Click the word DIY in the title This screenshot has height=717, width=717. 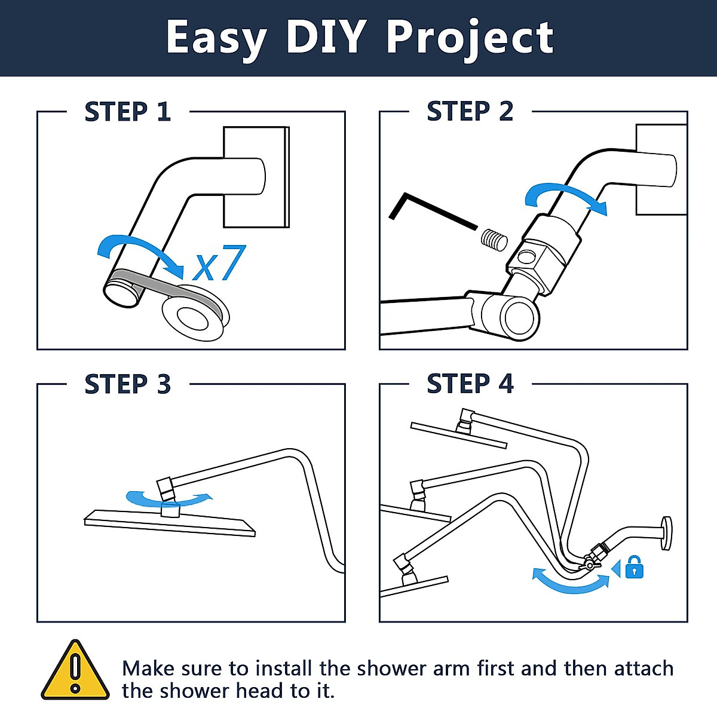coord(326,37)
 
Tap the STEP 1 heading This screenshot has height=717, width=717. coord(128,112)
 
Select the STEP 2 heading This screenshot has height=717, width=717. coord(470,112)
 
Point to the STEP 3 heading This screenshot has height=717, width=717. coord(128,384)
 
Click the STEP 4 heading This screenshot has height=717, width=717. coord(470,384)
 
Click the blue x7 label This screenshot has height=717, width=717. coord(219,263)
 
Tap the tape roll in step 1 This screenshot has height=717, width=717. coord(194,314)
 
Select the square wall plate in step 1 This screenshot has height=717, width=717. coord(256,177)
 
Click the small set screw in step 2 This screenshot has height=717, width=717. coord(494,240)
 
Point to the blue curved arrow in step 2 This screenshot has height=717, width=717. coord(565,198)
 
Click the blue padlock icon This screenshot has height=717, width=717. coord(635,567)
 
